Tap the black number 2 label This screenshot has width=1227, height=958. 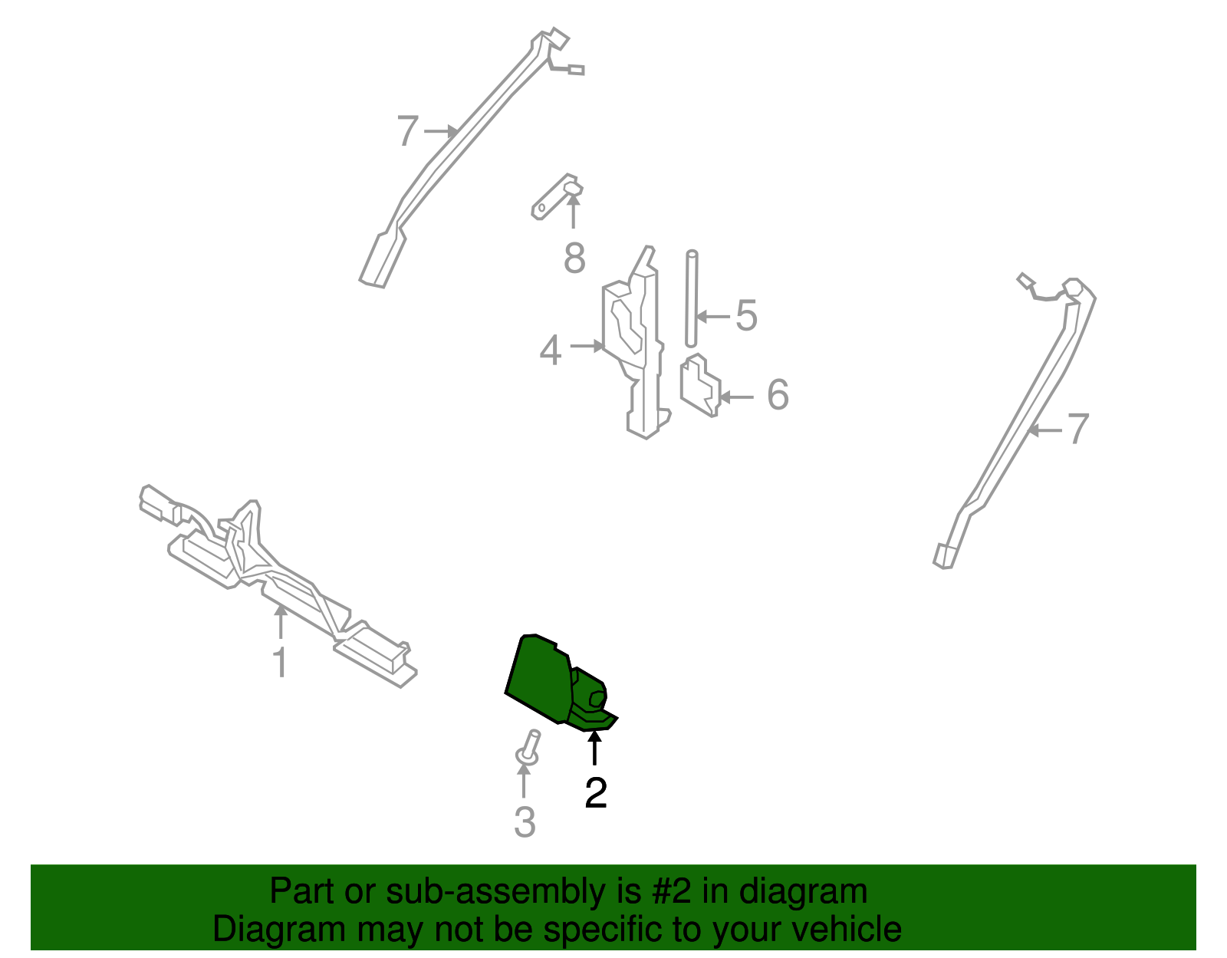tap(595, 793)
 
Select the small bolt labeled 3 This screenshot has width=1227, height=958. tap(528, 748)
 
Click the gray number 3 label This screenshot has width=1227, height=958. tap(525, 822)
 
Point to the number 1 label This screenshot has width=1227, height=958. tap(281, 662)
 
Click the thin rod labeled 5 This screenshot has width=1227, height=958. tap(692, 299)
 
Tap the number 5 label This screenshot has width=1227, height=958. tap(746, 316)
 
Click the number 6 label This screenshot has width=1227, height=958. tap(778, 395)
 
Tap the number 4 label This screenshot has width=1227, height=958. tap(551, 351)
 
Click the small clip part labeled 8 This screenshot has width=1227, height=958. tap(556, 196)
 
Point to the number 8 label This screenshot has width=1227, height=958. tap(574, 258)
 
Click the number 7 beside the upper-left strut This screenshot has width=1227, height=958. tap(408, 132)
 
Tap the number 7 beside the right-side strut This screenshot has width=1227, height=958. tap(1078, 430)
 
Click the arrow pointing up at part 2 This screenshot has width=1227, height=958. tap(594, 748)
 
